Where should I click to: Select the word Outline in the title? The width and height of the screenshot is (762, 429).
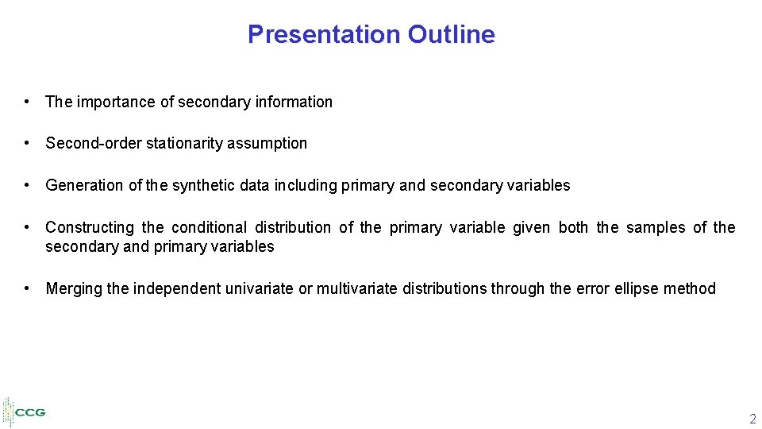click(451, 34)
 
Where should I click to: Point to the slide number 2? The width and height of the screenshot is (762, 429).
click(752, 419)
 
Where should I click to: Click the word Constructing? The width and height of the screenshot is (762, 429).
click(90, 227)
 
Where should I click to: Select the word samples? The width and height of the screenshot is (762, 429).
click(656, 227)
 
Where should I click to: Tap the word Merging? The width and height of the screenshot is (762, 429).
click(74, 288)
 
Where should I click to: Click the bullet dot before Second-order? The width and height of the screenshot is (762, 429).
click(28, 143)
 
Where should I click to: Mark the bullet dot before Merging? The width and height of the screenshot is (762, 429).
click(28, 288)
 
